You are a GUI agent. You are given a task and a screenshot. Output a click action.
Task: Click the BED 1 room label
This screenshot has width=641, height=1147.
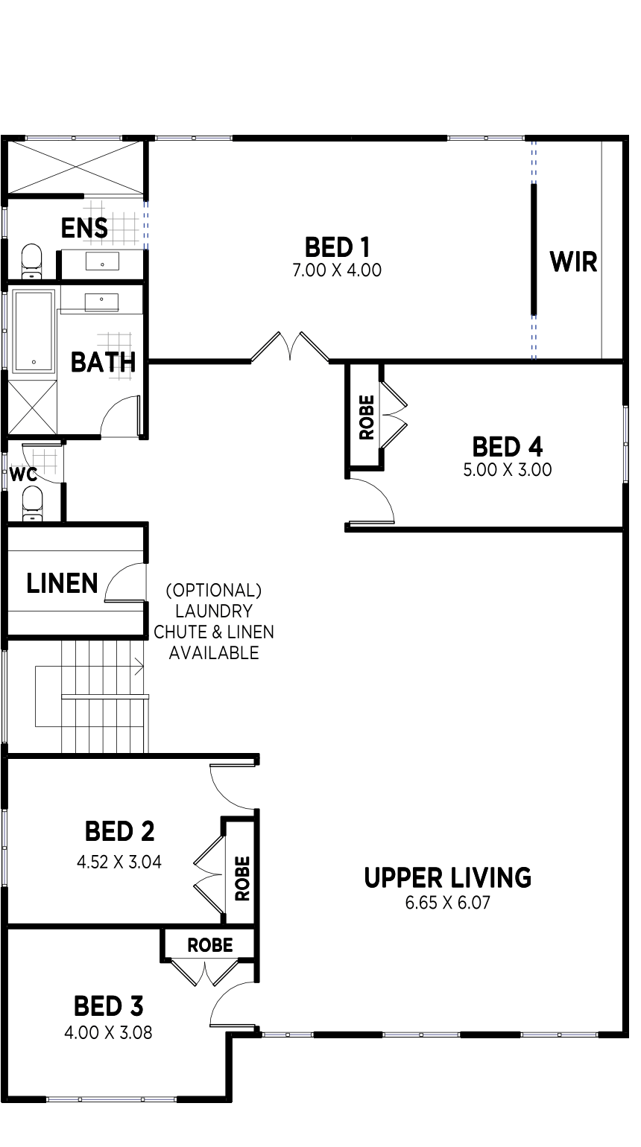click(x=337, y=247)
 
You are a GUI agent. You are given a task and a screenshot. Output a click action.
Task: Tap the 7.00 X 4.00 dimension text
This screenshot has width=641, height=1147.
click(x=337, y=270)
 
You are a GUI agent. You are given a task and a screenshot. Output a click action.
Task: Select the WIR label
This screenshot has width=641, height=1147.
click(x=573, y=262)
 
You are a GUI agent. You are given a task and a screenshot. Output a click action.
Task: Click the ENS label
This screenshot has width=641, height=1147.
click(x=84, y=228)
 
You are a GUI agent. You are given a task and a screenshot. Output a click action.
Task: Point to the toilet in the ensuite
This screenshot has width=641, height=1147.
click(x=31, y=260)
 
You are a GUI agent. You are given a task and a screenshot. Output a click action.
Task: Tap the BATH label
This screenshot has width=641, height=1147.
click(x=103, y=363)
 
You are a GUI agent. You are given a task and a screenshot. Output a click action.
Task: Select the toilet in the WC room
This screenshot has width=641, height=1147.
click(x=32, y=501)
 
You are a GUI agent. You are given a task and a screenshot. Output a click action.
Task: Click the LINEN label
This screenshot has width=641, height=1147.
click(x=62, y=583)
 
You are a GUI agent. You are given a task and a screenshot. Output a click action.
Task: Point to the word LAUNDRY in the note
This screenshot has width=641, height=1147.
click(x=213, y=611)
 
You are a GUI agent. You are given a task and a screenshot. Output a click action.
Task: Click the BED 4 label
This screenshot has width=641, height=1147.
click(x=507, y=447)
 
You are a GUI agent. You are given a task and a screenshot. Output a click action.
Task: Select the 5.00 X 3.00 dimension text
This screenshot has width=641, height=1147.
click(x=507, y=470)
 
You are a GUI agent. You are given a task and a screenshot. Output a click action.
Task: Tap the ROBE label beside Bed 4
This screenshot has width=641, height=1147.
click(x=366, y=417)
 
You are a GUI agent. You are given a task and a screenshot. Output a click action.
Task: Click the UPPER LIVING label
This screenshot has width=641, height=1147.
click(x=447, y=878)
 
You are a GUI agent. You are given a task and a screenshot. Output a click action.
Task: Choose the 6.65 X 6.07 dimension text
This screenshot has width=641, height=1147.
click(x=447, y=903)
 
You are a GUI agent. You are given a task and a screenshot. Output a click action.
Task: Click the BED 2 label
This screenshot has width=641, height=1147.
click(x=119, y=830)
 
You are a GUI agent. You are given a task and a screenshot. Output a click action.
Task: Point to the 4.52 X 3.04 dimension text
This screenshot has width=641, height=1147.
click(x=119, y=862)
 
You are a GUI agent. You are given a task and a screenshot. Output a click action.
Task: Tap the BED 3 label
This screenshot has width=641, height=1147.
click(x=108, y=1007)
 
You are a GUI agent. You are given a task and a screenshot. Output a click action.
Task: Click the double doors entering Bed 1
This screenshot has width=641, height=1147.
click(x=289, y=349)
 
